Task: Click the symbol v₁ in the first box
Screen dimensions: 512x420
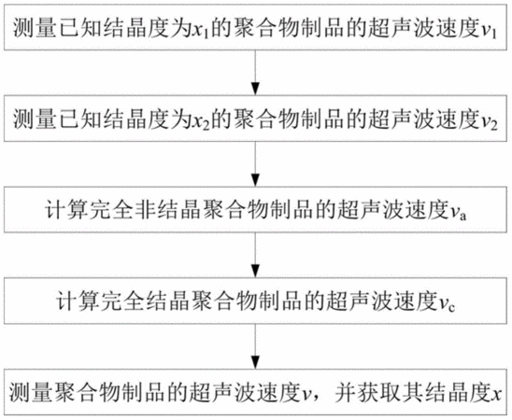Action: [490, 32]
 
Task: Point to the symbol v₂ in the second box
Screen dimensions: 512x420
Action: [490, 123]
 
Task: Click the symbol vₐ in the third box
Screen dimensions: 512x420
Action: [457, 214]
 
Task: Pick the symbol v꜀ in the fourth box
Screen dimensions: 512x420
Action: [447, 305]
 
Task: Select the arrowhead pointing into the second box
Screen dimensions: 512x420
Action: [256, 89]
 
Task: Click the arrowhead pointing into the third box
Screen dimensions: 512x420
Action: [256, 180]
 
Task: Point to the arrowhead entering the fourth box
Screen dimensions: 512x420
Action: [256, 272]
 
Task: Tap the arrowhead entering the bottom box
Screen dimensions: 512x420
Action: [256, 362]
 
